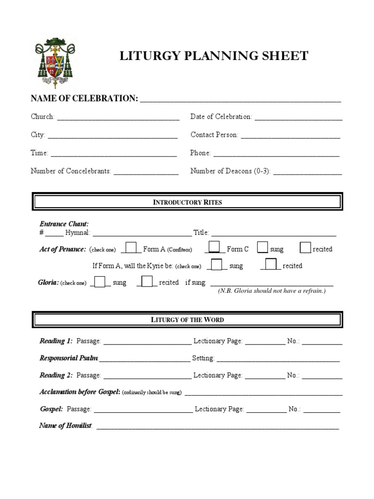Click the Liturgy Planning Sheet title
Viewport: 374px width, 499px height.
coord(214,56)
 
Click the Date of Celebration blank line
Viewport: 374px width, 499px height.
coord(298,117)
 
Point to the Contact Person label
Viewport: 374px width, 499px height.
coord(214,135)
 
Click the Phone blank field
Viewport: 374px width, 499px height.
coord(276,154)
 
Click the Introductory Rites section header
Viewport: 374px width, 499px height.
coord(187,202)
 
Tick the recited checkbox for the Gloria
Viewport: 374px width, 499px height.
coord(147,282)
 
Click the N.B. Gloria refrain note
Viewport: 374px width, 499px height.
coord(272,291)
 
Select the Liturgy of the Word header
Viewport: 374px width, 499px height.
coord(187,320)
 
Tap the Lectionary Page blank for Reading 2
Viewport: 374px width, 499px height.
coord(264,376)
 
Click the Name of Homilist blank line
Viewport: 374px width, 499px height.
coord(218,426)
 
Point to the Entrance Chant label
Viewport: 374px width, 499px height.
coord(64,224)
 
